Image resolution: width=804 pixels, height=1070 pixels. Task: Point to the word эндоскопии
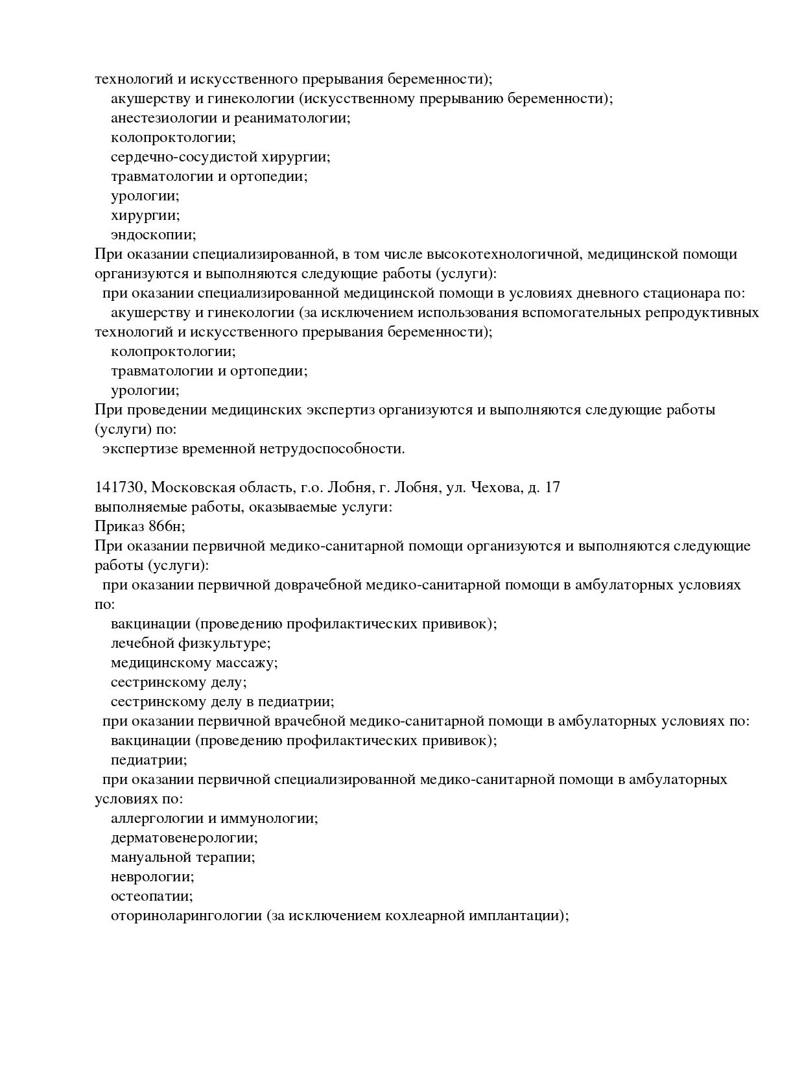(x=153, y=235)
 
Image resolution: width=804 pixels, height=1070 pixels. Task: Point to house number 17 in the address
(x=552, y=488)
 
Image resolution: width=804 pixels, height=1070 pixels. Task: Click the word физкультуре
(x=225, y=643)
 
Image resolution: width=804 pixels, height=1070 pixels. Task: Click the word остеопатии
(x=152, y=896)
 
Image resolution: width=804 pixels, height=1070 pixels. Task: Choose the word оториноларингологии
(x=187, y=916)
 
